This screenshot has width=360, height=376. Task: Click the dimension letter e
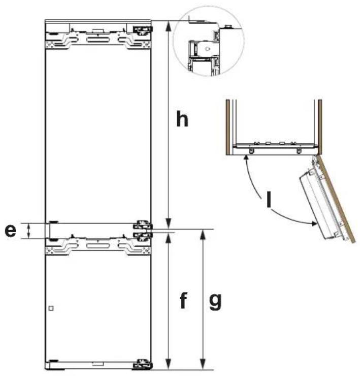11,231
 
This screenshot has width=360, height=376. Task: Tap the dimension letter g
215,302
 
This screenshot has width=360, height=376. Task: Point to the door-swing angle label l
269,200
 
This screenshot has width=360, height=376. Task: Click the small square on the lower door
51,308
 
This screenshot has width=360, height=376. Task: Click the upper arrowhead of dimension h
169,26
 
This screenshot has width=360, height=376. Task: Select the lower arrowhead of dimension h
169,224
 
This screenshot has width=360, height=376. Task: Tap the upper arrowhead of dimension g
203,234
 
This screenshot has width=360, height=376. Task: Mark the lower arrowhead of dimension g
203,365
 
